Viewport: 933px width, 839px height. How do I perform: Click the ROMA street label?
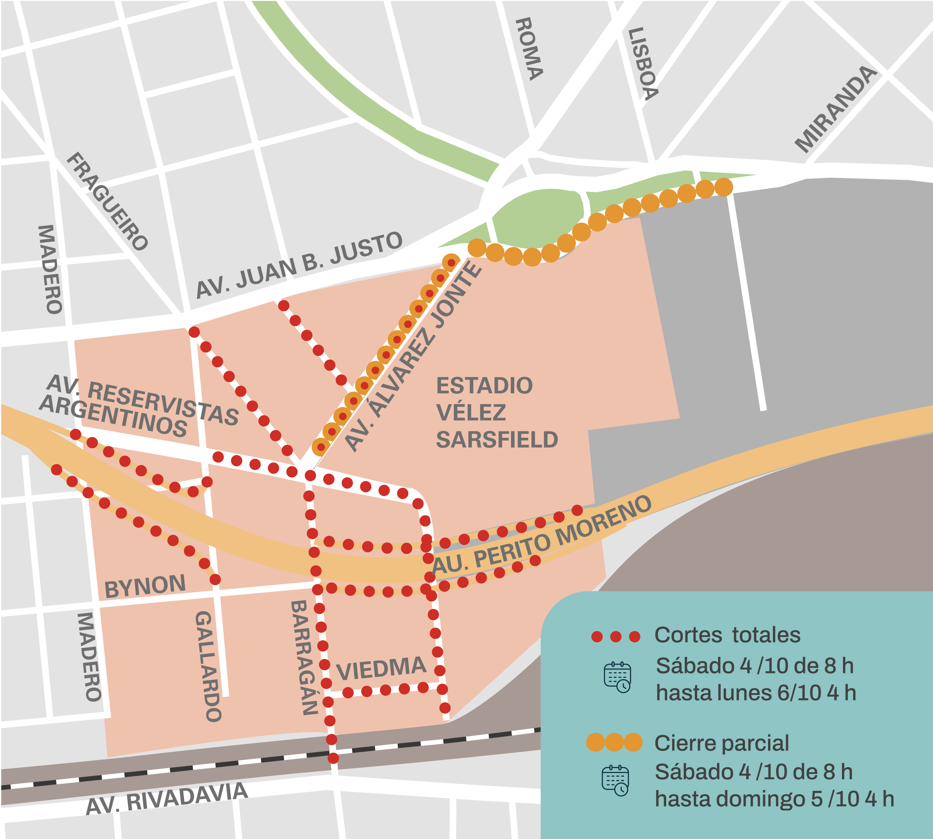click(529, 49)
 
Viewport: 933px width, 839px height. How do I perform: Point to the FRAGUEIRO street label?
click(107, 201)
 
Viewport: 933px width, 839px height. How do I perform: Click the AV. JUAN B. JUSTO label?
click(299, 265)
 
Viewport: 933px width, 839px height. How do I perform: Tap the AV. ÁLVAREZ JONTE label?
click(412, 357)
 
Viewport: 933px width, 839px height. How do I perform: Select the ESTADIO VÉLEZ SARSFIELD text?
click(496, 412)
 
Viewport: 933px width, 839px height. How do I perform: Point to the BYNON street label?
click(145, 586)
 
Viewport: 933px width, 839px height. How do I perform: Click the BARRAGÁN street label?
click(304, 657)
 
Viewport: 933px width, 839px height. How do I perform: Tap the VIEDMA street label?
click(381, 668)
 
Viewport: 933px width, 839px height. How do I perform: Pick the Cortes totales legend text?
click(727, 635)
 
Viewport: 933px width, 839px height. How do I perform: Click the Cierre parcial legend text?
click(721, 743)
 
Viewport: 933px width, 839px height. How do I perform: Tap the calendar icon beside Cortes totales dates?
click(617, 677)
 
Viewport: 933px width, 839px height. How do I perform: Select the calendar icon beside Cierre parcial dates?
click(615, 780)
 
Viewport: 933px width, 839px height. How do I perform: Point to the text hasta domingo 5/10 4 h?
click(774, 799)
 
